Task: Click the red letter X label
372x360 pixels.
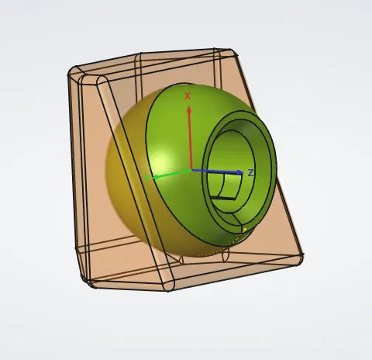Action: point(188,95)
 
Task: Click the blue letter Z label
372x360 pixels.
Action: point(250,171)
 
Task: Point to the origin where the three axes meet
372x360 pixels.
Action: point(190,171)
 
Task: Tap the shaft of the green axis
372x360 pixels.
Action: point(174,174)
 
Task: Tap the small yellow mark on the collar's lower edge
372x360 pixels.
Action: point(246,229)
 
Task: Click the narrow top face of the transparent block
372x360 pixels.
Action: point(155,62)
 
